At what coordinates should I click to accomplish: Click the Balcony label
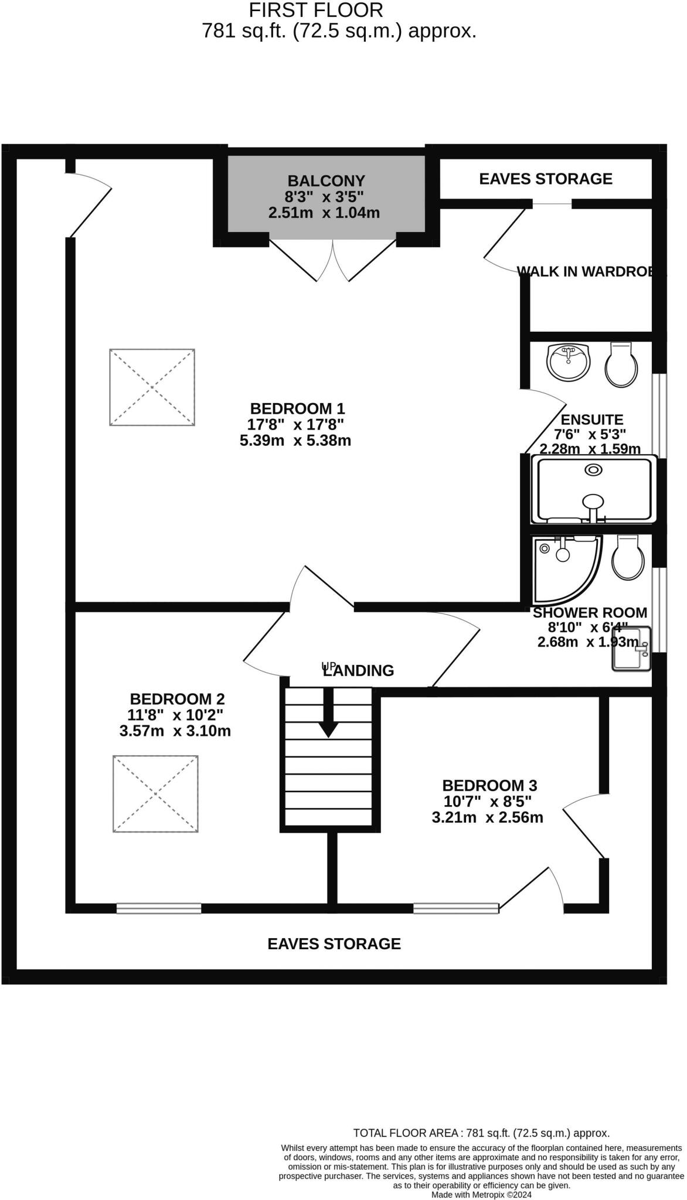point(326,181)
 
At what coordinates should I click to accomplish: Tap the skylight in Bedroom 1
point(152,387)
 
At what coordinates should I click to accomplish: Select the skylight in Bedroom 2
point(155,793)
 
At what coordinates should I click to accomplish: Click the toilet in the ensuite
point(621,365)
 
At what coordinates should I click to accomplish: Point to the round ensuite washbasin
point(567,362)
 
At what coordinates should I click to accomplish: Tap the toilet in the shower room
point(628,557)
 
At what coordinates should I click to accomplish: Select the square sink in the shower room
point(631,648)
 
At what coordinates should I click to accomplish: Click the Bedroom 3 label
point(489,785)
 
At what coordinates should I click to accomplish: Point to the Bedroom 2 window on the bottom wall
point(159,908)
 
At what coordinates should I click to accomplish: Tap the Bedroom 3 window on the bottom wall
point(456,908)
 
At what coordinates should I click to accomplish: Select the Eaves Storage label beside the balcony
point(546,179)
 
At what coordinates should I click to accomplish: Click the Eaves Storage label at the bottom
point(334,943)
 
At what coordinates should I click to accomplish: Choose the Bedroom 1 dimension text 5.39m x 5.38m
point(295,441)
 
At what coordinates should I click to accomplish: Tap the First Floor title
point(316,10)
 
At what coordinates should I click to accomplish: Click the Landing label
point(359,670)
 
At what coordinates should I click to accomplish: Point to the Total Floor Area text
point(481,1133)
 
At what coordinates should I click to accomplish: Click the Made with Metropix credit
point(481,1194)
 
